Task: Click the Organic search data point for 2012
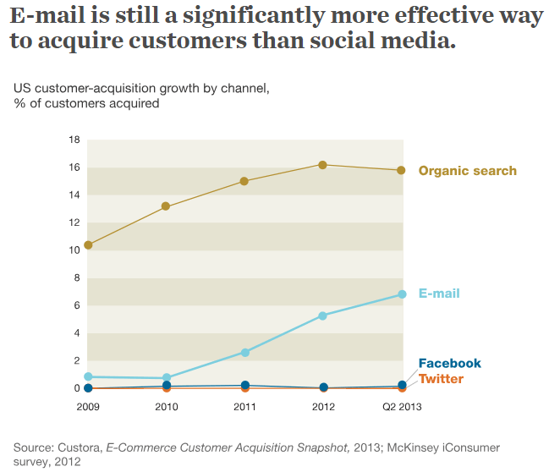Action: tap(322, 164)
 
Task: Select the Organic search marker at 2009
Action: tap(88, 245)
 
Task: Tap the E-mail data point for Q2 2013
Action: tap(402, 294)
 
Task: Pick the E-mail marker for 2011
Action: tap(245, 353)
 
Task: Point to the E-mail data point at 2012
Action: tap(322, 316)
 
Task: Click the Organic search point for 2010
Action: tap(166, 206)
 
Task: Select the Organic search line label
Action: tap(467, 171)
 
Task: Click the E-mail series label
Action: tap(439, 294)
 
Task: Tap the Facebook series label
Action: tap(449, 364)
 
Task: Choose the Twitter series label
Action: tap(441, 379)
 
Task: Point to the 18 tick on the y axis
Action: tap(74, 140)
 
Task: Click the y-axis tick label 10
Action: tap(74, 250)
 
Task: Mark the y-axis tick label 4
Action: tap(76, 333)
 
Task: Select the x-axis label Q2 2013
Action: tap(401, 407)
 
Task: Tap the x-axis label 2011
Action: tap(244, 407)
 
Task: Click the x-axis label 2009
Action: tap(88, 407)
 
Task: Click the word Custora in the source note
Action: tap(79, 447)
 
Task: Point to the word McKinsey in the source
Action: tap(411, 447)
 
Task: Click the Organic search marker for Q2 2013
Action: tap(402, 170)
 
